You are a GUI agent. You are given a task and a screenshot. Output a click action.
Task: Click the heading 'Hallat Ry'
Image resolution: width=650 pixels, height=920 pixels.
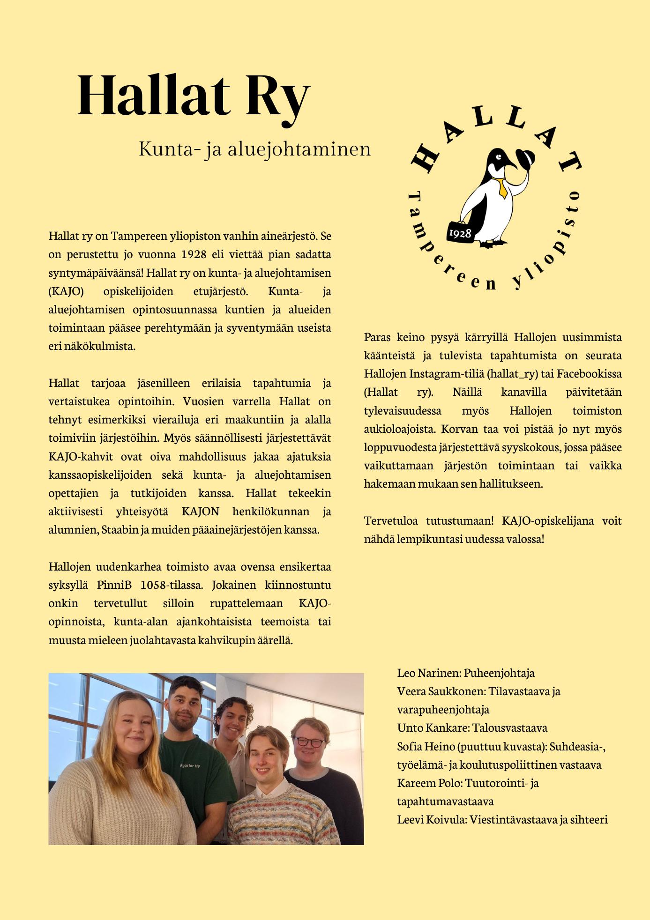click(193, 96)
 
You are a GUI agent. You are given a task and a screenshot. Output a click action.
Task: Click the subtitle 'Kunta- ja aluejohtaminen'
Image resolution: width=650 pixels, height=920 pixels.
click(254, 149)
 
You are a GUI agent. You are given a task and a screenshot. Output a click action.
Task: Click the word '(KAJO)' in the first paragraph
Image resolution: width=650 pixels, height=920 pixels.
click(66, 291)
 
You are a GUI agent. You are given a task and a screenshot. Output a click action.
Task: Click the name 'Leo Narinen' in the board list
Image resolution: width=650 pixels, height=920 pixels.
click(428, 673)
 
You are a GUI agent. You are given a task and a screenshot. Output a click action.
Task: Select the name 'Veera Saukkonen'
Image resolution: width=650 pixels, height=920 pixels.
click(439, 691)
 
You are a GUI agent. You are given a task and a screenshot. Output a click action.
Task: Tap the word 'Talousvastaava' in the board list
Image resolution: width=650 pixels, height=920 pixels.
click(510, 728)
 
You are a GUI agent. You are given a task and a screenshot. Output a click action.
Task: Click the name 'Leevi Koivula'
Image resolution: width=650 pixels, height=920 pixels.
click(431, 820)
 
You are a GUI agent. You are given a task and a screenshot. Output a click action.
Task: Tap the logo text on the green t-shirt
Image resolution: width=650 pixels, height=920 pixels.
click(190, 765)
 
